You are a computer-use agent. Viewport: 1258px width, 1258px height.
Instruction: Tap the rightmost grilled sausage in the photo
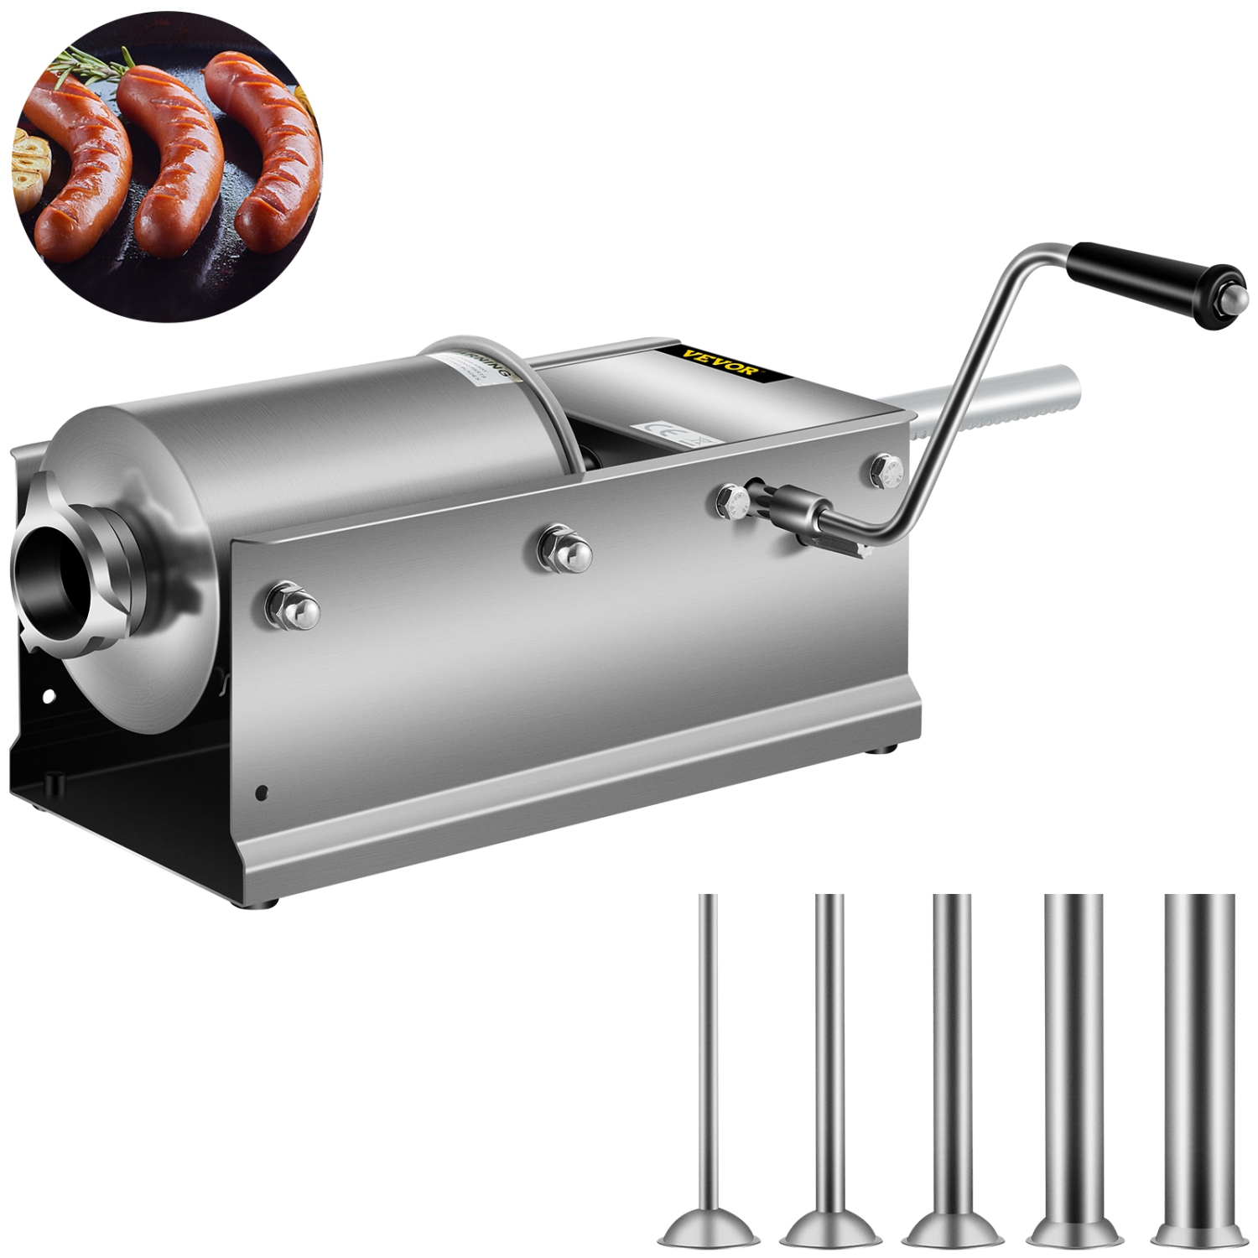pos(268,143)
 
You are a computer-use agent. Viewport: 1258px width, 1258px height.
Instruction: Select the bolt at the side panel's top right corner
pos(886,470)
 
